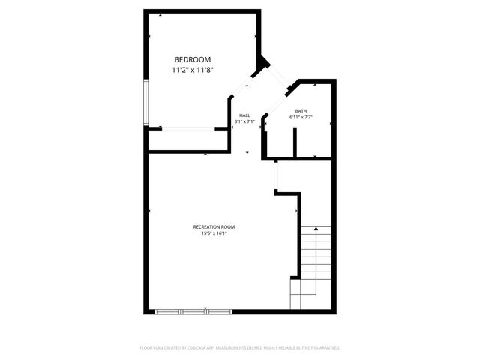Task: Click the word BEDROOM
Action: [192, 59]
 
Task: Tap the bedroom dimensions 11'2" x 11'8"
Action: [192, 70]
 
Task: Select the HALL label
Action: [244, 115]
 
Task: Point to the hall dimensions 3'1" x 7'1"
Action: [244, 121]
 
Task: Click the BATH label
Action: [300, 111]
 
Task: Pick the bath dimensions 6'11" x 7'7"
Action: [300, 118]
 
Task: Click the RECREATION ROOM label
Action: [214, 226]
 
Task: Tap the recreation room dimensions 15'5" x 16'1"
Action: [214, 233]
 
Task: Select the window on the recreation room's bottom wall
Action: [193, 311]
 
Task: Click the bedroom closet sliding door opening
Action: [188, 130]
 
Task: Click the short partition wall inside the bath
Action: [295, 142]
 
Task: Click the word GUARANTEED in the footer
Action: [326, 348]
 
